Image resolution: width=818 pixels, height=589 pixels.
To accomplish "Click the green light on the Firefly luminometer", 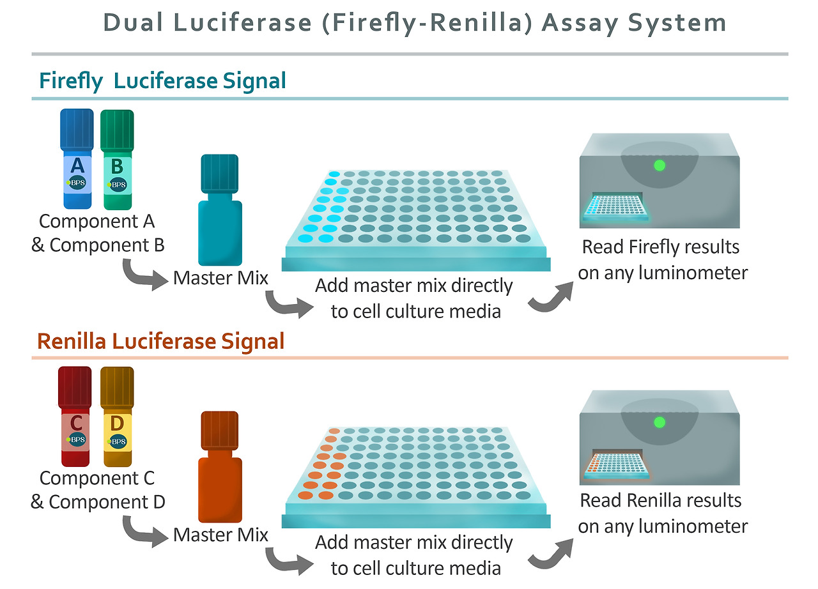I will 660,165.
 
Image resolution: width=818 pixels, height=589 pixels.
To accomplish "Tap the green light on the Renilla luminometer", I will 660,422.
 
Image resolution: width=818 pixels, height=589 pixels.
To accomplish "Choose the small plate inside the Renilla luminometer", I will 616,464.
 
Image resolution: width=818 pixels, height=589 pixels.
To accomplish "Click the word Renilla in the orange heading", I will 72,342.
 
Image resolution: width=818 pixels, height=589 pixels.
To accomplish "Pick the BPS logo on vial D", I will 118,441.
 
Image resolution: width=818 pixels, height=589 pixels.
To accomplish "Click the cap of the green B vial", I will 117,125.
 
